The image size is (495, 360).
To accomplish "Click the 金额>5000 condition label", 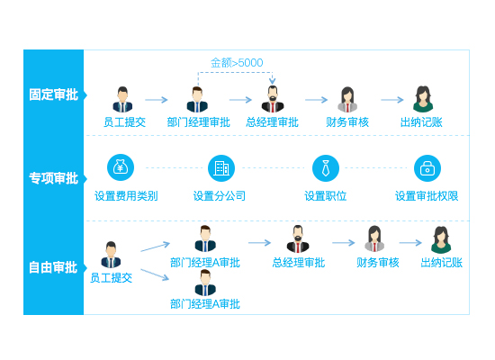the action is click(x=237, y=62).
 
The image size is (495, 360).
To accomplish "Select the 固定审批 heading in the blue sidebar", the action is click(x=53, y=94).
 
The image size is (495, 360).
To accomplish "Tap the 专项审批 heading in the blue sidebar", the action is click(x=53, y=178).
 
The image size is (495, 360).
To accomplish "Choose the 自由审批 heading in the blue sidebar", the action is click(x=53, y=267).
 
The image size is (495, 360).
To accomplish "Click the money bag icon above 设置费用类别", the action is click(x=121, y=167).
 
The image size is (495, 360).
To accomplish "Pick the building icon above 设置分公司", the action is click(x=221, y=168).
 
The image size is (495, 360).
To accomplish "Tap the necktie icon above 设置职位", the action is click(x=326, y=168).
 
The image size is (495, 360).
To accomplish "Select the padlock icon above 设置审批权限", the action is click(x=427, y=168).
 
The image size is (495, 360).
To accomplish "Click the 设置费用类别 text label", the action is click(x=126, y=196).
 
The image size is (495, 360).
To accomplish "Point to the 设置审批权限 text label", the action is click(x=427, y=196).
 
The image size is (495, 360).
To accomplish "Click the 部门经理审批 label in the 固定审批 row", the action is click(x=199, y=122).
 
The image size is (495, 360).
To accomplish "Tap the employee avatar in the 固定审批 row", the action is click(x=122, y=99).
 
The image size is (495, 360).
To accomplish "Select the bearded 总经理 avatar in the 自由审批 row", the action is click(x=298, y=239).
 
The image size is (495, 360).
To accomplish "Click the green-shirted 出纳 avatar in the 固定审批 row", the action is click(x=423, y=99).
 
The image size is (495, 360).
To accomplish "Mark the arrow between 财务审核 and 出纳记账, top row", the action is click(x=392, y=100).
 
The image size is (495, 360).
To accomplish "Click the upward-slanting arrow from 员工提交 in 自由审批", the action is click(x=156, y=247).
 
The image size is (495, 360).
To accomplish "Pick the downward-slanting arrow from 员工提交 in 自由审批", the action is click(x=155, y=274).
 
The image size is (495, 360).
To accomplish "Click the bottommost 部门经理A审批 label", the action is click(x=205, y=304).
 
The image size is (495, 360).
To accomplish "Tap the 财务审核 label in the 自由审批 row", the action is click(x=378, y=263).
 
